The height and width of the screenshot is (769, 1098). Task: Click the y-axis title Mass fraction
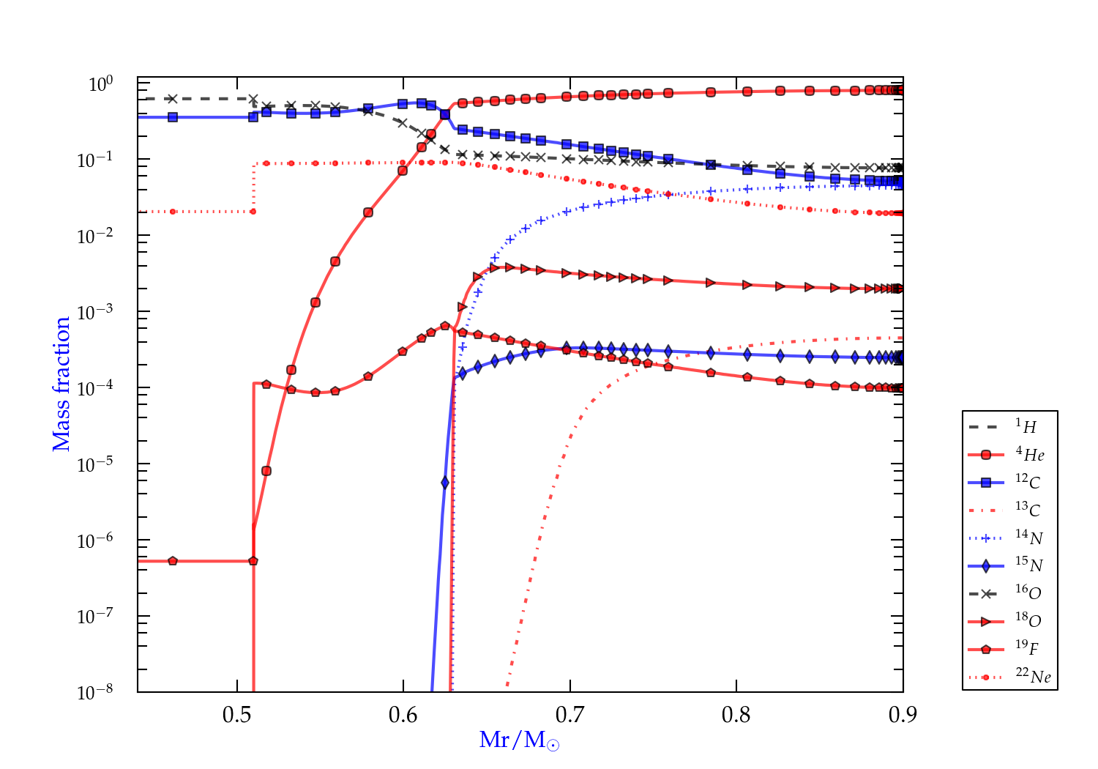(61, 384)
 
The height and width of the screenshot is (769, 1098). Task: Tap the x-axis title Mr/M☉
(519, 740)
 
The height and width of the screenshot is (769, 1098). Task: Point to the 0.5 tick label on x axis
(237, 715)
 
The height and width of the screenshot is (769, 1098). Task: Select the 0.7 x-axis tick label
(570, 715)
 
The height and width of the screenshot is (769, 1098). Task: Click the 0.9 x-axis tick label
(903, 715)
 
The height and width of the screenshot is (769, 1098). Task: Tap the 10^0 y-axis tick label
(100, 84)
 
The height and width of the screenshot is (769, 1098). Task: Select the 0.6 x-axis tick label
(403, 715)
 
